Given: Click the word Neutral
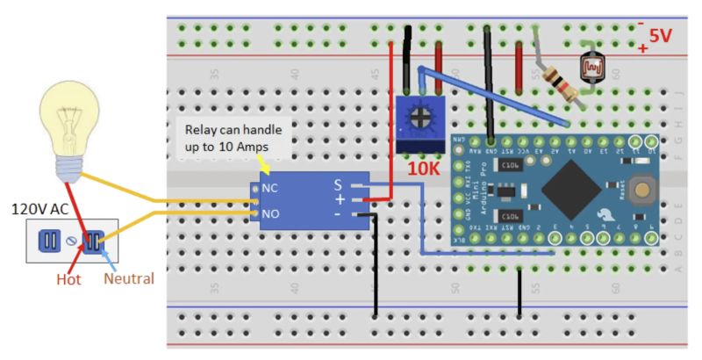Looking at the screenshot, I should [x=128, y=279].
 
